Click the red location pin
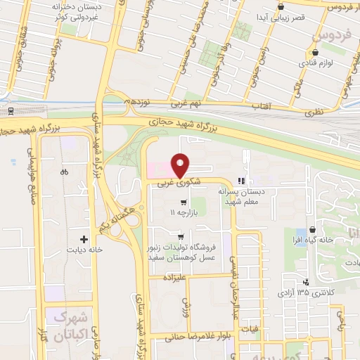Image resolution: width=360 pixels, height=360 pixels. [x=181, y=165]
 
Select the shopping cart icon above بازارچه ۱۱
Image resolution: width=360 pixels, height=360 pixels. [x=184, y=202]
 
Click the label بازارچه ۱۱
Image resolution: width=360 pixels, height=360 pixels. [x=184, y=212]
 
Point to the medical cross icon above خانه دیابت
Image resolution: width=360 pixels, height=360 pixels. [x=84, y=240]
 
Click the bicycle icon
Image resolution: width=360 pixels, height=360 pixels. [x=65, y=171]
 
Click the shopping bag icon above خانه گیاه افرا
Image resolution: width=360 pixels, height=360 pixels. [x=312, y=232]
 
